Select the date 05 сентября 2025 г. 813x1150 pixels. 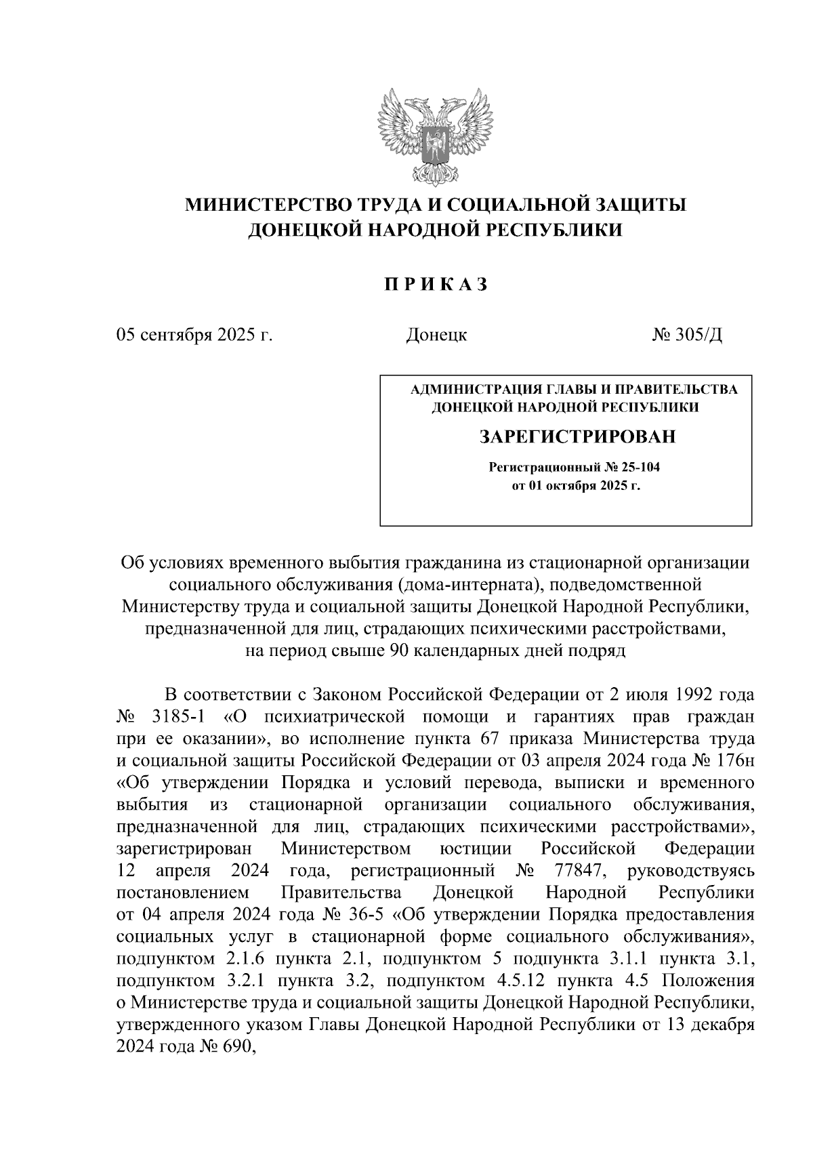click(194, 335)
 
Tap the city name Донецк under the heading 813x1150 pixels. click(436, 335)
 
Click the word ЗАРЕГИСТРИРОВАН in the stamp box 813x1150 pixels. click(577, 437)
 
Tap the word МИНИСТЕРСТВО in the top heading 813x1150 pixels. click(272, 204)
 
